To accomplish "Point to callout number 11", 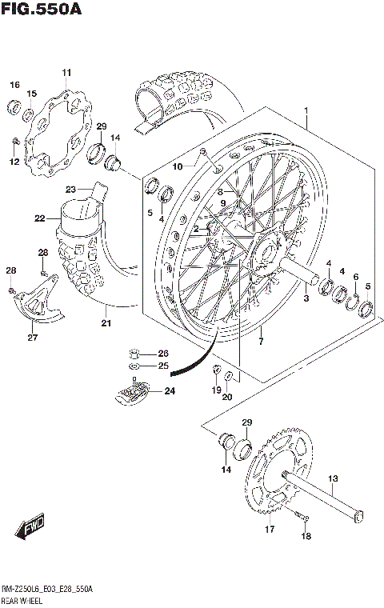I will click(x=66, y=74).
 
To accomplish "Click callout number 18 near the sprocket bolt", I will click(x=305, y=539).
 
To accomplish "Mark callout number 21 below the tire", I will click(x=106, y=324).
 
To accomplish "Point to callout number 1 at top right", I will click(x=305, y=111).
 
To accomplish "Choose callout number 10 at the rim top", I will click(x=178, y=166).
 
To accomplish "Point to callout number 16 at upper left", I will click(x=14, y=85).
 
